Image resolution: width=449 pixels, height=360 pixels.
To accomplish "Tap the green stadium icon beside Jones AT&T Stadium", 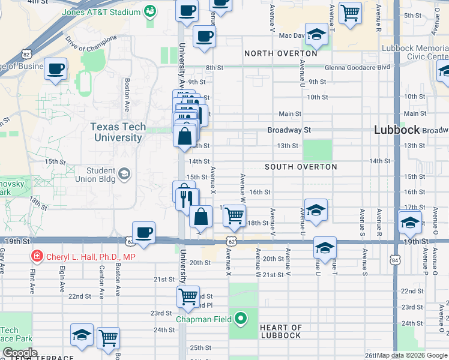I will pyautogui.click(x=149, y=11).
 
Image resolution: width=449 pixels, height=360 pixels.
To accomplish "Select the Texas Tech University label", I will pyautogui.click(x=116, y=132).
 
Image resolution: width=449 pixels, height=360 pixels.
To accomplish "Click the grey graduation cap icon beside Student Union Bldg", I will pyautogui.click(x=124, y=174).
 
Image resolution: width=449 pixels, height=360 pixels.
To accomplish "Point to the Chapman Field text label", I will pyautogui.click(x=203, y=319).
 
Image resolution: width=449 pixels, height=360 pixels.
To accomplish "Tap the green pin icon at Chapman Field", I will pyautogui.click(x=241, y=319).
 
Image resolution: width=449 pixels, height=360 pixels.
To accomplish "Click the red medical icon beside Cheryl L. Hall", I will pyautogui.click(x=37, y=257).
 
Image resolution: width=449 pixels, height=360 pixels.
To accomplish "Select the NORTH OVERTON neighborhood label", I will pyautogui.click(x=280, y=53).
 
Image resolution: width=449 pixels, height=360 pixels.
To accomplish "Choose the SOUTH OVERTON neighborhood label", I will pyautogui.click(x=301, y=167).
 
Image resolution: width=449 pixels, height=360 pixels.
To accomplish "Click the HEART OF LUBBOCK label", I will pyautogui.click(x=280, y=331).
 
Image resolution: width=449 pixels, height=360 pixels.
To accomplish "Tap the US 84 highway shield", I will pyautogui.click(x=394, y=259).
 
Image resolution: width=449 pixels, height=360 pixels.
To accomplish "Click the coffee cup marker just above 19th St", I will pyautogui.click(x=143, y=232).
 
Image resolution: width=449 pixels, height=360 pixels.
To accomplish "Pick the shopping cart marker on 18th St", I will pyautogui.click(x=235, y=214).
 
